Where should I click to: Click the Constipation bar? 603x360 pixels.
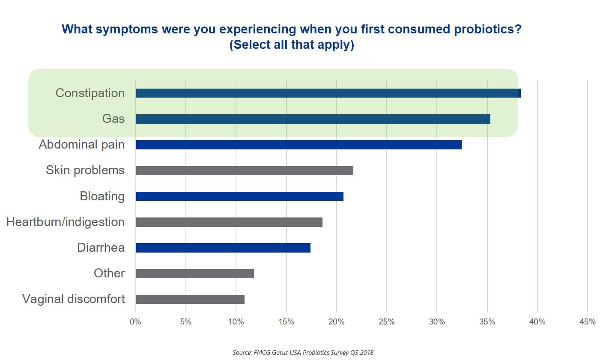[x=328, y=93]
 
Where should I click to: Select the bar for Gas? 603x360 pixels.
[x=313, y=119]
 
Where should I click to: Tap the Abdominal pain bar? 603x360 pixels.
[x=299, y=145]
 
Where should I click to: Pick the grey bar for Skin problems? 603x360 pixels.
[x=245, y=170]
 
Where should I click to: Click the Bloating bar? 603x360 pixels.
[x=239, y=196]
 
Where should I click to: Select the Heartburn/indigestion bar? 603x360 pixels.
[x=229, y=222]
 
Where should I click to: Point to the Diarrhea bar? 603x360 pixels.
[x=223, y=248]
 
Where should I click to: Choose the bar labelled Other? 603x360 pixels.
[x=195, y=274]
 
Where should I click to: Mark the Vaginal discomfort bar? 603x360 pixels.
[x=190, y=299]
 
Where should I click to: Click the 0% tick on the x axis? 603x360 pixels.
[x=135, y=321]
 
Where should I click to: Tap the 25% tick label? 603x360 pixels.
[x=386, y=321]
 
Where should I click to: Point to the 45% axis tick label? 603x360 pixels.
[x=587, y=321]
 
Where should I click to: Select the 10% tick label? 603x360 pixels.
[x=236, y=321]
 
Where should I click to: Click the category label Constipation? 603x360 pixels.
[x=90, y=93]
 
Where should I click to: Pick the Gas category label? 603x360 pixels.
[x=113, y=119]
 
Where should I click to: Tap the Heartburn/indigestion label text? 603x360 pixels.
[x=66, y=222]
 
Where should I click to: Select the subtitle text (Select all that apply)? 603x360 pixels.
[x=292, y=45]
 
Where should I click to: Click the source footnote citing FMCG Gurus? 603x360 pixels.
[x=303, y=353]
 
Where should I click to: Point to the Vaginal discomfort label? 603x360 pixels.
[x=74, y=299]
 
